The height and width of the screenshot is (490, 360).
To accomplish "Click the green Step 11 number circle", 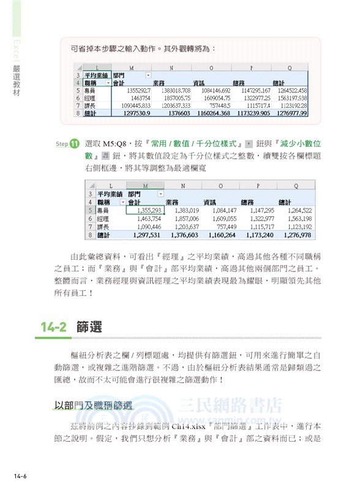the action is coord(75,144).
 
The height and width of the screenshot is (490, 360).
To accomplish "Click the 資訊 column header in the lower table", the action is coord(210,202).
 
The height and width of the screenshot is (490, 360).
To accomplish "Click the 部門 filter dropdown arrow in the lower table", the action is coord(161,194).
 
